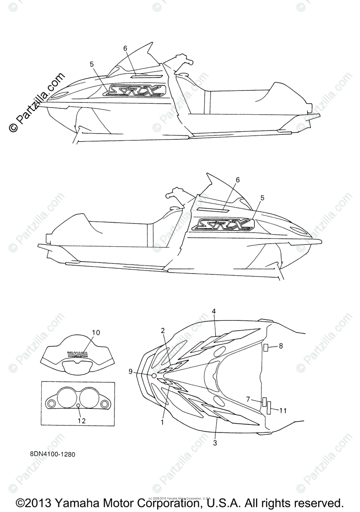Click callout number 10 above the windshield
coord(96,332)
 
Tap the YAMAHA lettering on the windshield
coord(77,354)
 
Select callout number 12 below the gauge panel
coord(82,421)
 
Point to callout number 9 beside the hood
coord(131,372)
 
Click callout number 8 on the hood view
coord(281,346)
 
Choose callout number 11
coord(282,410)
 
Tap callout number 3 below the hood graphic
coord(215,443)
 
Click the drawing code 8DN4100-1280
coord(53,454)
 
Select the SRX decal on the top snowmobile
coord(135,90)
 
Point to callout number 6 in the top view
coord(126,48)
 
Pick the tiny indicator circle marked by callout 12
coord(79,404)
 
